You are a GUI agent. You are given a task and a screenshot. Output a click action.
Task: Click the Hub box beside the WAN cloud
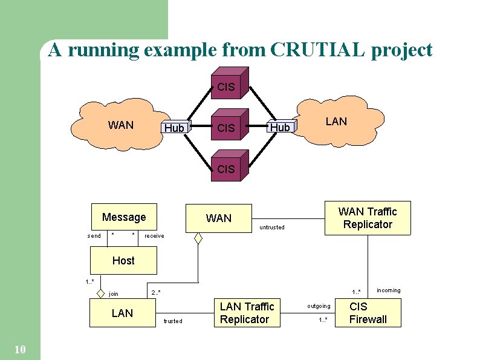pyautogui.click(x=174, y=128)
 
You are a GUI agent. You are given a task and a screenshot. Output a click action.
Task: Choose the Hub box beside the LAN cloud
pyautogui.click(x=280, y=127)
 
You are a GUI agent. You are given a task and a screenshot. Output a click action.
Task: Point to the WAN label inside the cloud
pyautogui.click(x=121, y=125)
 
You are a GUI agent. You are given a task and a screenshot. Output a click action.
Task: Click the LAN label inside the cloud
pyautogui.click(x=336, y=122)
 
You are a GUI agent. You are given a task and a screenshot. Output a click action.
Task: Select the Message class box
pyautogui.click(x=124, y=217)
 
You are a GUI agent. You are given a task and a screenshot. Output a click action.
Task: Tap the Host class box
pyautogui.click(x=123, y=261)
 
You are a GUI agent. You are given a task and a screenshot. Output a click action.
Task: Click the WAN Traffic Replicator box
pyautogui.click(x=368, y=218)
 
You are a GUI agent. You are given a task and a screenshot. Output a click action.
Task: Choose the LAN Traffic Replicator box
pyautogui.click(x=247, y=313)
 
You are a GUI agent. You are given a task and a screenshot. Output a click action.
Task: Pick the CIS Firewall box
pyautogui.click(x=368, y=313)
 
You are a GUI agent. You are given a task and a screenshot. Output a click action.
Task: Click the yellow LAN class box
pyautogui.click(x=123, y=313)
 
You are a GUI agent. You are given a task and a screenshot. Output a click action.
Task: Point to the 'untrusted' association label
pyautogui.click(x=271, y=227)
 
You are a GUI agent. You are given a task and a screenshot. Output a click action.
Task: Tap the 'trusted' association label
pyautogui.click(x=172, y=321)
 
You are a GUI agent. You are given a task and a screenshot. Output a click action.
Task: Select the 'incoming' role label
pyautogui.click(x=388, y=290)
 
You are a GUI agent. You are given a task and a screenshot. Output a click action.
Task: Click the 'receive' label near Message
pyautogui.click(x=154, y=236)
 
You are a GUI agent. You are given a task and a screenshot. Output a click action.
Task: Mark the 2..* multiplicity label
pyautogui.click(x=156, y=293)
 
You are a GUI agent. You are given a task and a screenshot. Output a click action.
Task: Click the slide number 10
pyautogui.click(x=19, y=349)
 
